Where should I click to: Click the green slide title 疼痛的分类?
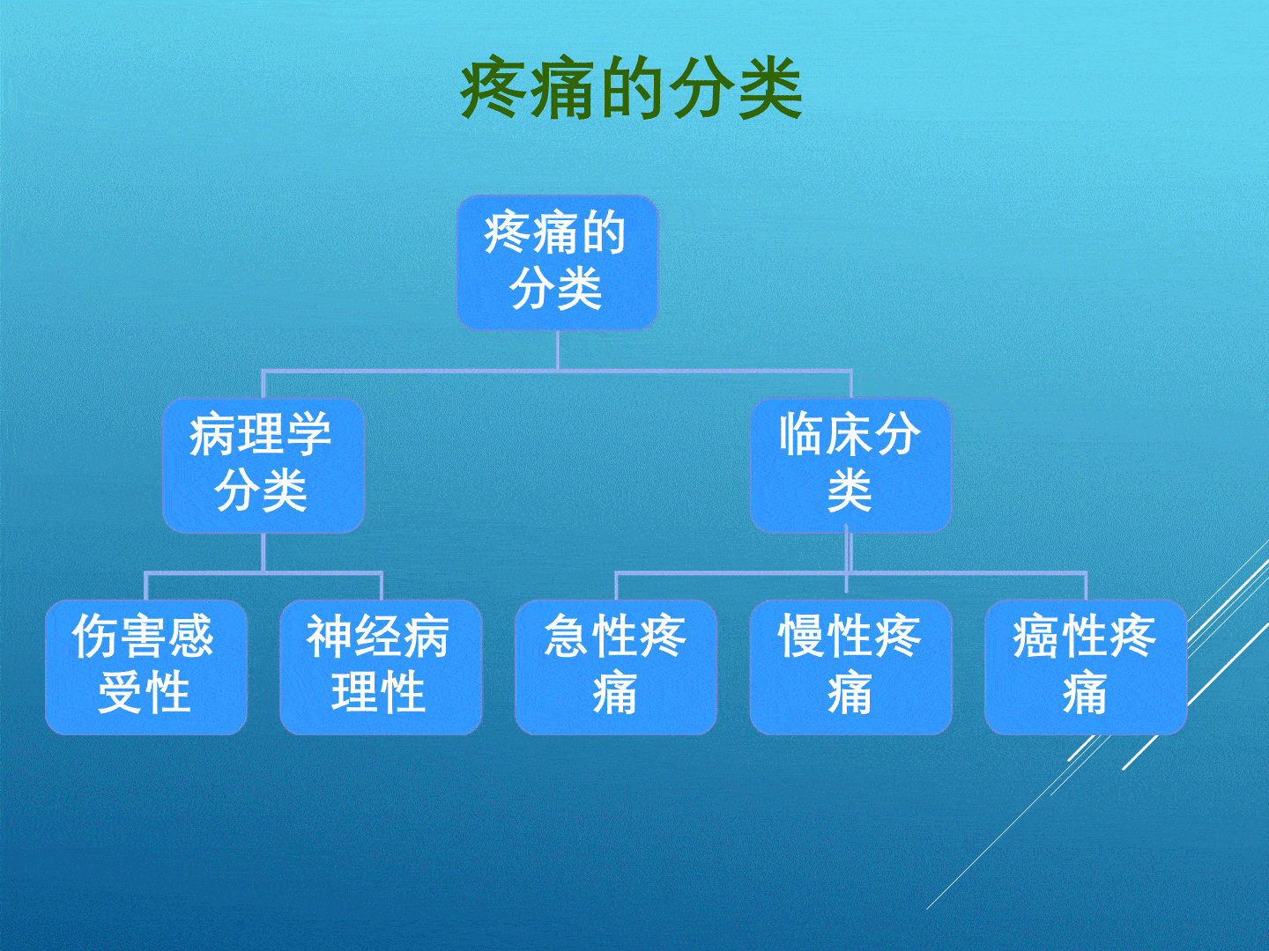[631, 89]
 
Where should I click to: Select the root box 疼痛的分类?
[557, 262]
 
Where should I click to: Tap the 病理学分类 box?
[263, 465]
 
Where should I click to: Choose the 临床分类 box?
[850, 465]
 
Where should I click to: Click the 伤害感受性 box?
[145, 667]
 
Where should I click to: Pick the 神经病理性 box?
[381, 667]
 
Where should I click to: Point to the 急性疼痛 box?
[615, 667]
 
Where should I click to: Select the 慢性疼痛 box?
[850, 667]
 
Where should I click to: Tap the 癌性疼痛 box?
[1085, 667]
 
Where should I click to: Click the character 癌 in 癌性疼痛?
[1036, 637]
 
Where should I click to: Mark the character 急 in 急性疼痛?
[568, 637]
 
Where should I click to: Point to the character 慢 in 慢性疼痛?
[802, 637]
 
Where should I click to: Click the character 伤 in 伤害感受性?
[95, 637]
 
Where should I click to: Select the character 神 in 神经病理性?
[330, 637]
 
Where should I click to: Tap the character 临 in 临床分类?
[802, 435]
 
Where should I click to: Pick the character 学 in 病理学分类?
[308, 435]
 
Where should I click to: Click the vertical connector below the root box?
[558, 350]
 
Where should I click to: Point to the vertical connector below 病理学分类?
[263, 552]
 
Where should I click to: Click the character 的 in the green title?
[631, 89]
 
